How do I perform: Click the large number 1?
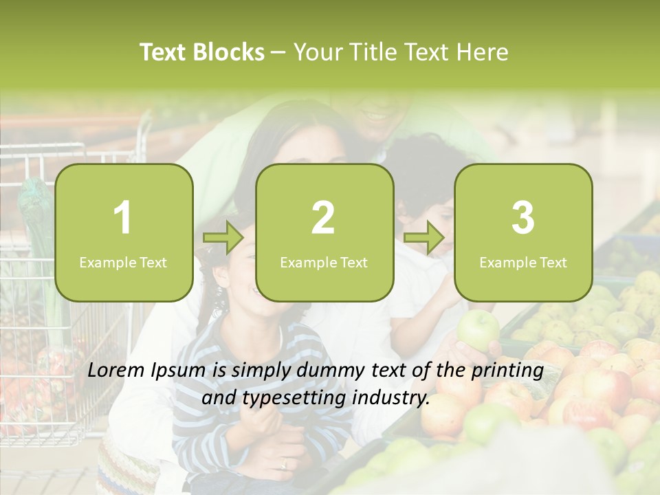(x=122, y=218)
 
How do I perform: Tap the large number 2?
(x=323, y=218)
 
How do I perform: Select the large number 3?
(x=523, y=218)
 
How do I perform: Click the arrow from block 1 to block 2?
(x=223, y=238)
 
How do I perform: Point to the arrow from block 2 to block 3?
(x=424, y=238)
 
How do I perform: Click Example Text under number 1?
(x=123, y=262)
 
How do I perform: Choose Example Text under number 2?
(x=324, y=262)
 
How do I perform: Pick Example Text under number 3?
(x=523, y=262)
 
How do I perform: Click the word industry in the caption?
(x=395, y=398)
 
